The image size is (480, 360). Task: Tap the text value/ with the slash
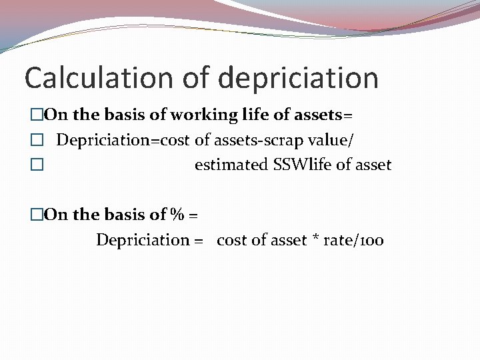coord(335,140)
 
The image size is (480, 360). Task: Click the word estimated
coord(231,165)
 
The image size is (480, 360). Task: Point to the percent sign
coord(177,215)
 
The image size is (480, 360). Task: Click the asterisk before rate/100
coord(315,241)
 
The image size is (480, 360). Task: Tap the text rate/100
coord(353,240)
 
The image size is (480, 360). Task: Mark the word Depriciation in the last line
coord(143,240)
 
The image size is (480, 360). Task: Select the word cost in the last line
coord(231,240)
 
